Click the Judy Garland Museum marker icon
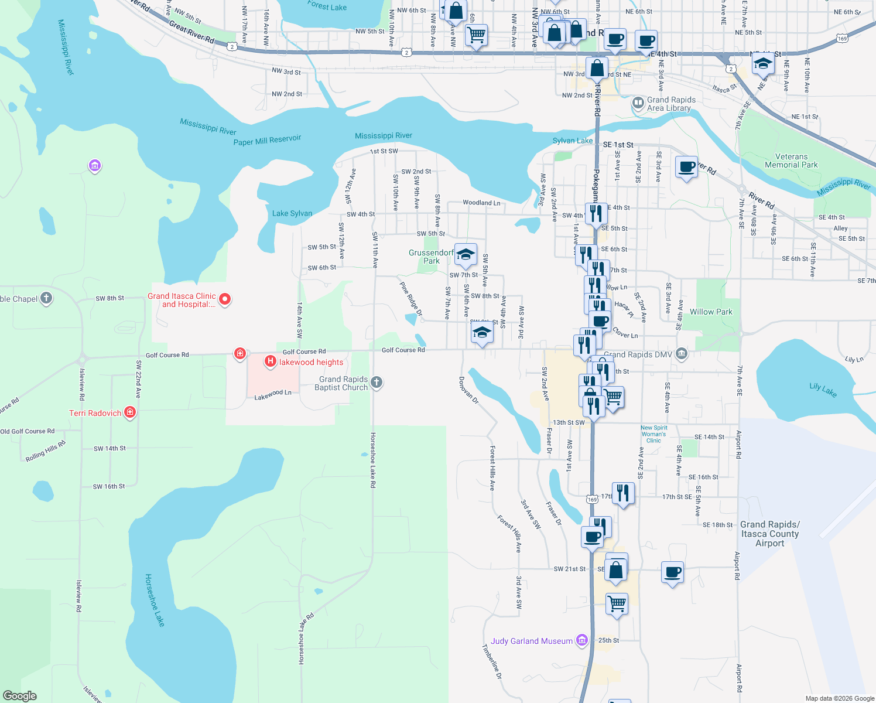pos(581,640)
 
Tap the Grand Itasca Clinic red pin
pos(224,299)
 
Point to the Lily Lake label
pos(823,390)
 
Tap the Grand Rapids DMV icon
pos(681,354)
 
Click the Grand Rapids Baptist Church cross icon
pos(377,383)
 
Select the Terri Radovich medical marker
pos(130,412)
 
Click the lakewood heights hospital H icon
pos(270,361)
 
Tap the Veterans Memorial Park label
pos(791,161)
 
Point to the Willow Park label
pos(711,312)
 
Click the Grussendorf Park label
pos(432,257)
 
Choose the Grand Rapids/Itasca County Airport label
pos(769,534)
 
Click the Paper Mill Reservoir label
pos(267,140)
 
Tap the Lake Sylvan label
pos(292,213)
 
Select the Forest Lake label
pos(327,6)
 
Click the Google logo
pos(20,695)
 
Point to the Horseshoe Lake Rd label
pos(372,460)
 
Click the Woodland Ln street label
pos(481,203)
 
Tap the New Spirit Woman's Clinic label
pos(653,434)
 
